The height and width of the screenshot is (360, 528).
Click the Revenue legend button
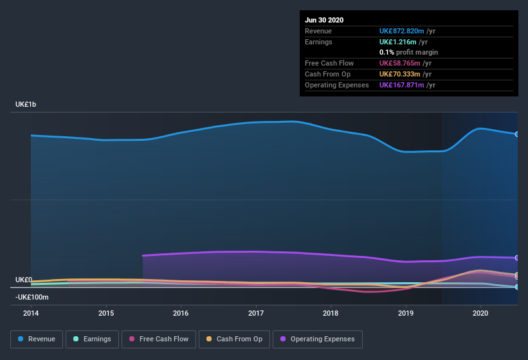coord(37,339)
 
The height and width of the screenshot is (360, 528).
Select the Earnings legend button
coord(92,339)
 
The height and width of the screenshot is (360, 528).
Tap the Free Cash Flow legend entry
coord(159,339)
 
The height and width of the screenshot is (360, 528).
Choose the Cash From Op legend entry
coord(234,339)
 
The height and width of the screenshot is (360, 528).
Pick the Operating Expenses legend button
coord(317,339)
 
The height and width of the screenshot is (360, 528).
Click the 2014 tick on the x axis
coord(31,313)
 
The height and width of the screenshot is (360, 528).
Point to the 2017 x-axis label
coord(256,313)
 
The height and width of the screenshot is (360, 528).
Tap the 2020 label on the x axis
coord(480,313)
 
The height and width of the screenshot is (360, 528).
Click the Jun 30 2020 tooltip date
coord(324,20)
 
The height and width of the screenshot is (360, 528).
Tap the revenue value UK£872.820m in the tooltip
coord(401,31)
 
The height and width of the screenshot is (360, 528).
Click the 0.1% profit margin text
coord(408,52)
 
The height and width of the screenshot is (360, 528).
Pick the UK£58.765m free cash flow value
coord(399,63)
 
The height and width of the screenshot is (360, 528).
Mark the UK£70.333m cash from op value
coord(399,74)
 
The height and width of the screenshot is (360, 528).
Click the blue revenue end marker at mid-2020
coord(517,134)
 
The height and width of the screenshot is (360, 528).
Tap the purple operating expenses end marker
coord(517,258)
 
